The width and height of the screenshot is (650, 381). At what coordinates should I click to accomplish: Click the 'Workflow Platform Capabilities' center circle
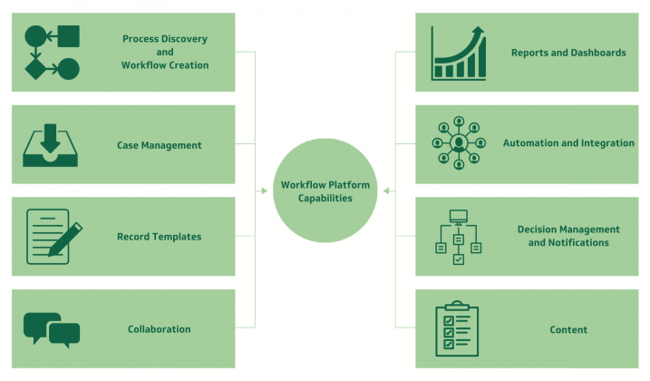click(325, 190)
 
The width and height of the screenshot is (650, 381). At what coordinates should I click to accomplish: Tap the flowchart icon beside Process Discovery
click(53, 53)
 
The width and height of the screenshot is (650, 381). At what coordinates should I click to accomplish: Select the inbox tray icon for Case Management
click(50, 145)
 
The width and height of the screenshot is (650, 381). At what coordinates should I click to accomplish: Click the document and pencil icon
click(54, 237)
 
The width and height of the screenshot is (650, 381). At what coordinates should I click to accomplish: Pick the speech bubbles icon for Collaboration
click(52, 330)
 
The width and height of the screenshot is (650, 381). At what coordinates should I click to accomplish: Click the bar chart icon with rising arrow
click(459, 54)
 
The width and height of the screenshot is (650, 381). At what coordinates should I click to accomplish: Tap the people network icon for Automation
click(459, 142)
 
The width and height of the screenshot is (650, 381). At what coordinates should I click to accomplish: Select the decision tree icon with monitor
click(459, 237)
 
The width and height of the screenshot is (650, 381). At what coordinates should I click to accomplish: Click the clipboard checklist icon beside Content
click(457, 328)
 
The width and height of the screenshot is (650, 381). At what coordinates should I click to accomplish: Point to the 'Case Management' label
click(160, 145)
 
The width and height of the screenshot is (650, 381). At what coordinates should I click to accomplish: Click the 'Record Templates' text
click(160, 237)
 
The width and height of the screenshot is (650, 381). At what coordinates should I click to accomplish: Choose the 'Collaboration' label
click(160, 329)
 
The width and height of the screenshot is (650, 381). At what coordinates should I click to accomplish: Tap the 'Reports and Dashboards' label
click(568, 53)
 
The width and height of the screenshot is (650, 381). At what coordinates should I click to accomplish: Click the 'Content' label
click(568, 330)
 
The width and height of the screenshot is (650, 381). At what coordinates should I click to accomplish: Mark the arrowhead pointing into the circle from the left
click(265, 190)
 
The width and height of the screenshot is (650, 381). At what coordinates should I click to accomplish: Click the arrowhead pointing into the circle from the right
click(386, 190)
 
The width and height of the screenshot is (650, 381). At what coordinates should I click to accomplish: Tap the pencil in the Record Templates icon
click(65, 239)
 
